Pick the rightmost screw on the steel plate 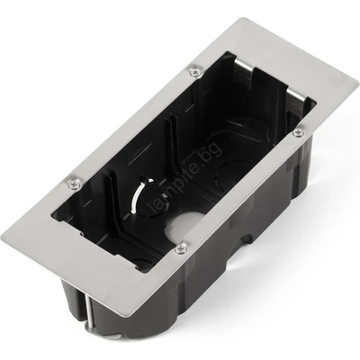(298, 132)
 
